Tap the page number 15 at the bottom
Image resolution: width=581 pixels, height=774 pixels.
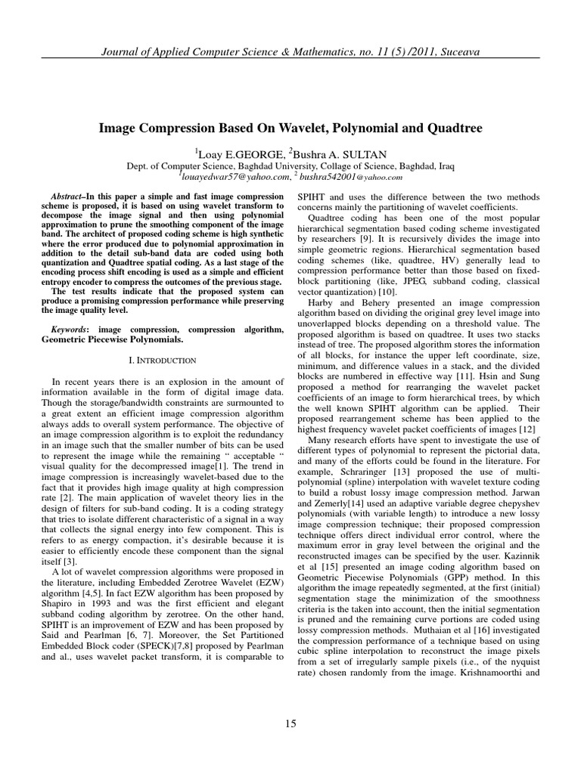click(290, 724)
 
